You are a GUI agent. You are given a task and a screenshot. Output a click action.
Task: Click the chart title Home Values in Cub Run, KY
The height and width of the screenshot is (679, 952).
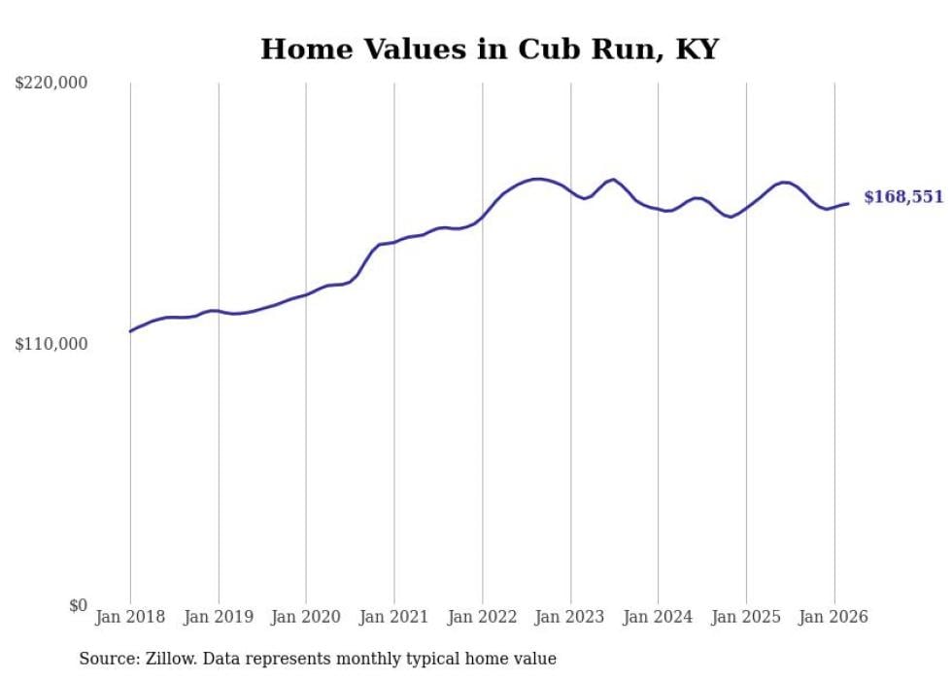489,50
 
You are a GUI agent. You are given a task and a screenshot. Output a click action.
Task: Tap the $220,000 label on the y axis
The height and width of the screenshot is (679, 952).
51,84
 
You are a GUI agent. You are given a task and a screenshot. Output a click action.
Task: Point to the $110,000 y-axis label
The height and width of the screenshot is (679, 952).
51,345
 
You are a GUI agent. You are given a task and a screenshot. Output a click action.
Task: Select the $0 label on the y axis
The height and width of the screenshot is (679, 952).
78,606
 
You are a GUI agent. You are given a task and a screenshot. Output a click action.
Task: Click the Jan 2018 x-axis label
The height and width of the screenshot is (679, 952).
130,617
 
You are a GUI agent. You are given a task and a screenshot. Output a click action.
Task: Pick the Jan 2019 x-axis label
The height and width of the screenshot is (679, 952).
219,617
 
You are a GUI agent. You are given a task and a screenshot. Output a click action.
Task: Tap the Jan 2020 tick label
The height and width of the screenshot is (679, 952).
306,617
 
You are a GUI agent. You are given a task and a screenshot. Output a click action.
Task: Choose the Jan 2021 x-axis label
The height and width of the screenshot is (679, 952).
394,617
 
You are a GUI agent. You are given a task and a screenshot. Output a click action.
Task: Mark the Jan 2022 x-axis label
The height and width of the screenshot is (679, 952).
482,617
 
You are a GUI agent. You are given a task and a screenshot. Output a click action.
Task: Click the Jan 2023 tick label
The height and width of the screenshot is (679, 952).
570,617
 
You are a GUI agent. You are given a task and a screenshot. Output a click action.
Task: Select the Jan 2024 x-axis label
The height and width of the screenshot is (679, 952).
658,617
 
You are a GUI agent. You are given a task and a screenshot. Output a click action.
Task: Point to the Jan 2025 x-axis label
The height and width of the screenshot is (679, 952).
746,617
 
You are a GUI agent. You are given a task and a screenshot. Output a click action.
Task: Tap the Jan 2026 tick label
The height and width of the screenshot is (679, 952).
833,617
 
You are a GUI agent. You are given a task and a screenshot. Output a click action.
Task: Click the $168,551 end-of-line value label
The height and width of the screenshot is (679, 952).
902,197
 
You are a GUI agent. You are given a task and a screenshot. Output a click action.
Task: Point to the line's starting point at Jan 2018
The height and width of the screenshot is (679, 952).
130,331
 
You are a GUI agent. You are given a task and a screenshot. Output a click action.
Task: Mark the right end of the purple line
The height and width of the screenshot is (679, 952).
848,203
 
